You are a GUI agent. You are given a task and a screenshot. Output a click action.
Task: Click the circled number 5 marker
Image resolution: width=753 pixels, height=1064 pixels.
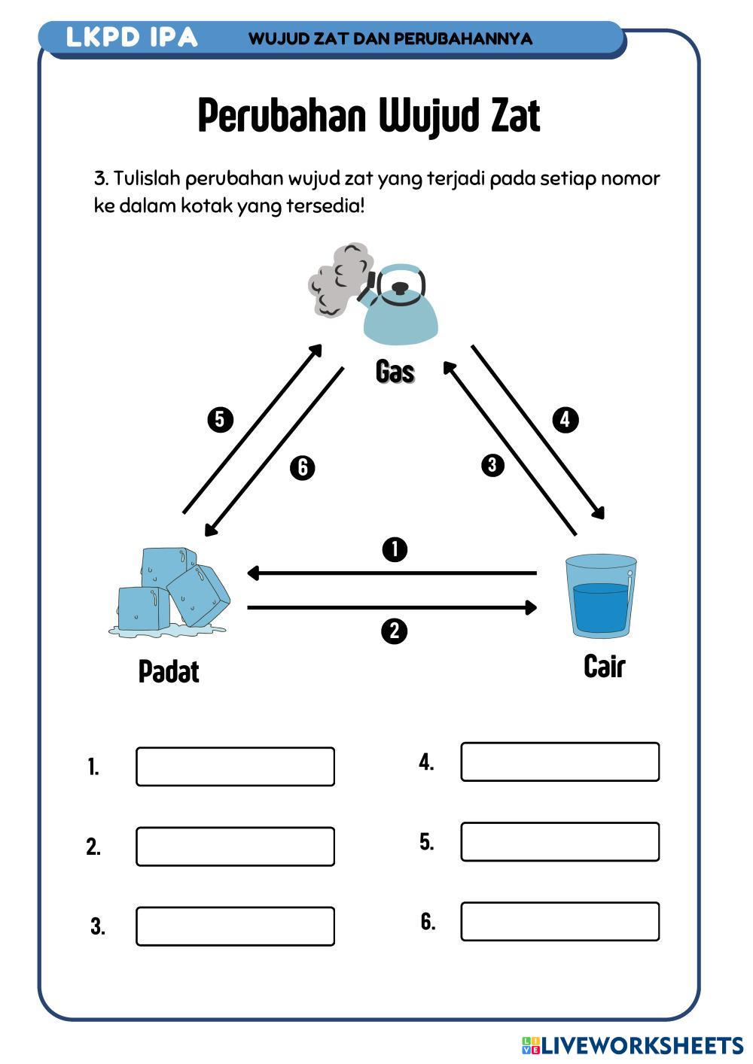[x=220, y=419]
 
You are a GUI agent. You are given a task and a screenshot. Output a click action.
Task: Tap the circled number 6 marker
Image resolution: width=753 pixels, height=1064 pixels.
[x=302, y=467]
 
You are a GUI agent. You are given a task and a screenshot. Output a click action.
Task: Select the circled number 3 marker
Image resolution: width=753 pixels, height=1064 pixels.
[x=492, y=465]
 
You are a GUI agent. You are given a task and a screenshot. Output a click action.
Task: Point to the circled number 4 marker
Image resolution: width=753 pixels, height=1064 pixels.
[x=566, y=419]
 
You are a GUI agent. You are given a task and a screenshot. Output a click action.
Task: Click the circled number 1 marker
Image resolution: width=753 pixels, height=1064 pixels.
[x=395, y=549]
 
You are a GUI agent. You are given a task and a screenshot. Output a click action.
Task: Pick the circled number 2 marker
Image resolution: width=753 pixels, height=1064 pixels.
[x=395, y=631]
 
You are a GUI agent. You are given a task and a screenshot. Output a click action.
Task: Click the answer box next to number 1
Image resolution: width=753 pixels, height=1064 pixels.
[x=235, y=767]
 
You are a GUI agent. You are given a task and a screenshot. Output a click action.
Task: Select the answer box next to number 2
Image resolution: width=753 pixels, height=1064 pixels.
[x=235, y=847]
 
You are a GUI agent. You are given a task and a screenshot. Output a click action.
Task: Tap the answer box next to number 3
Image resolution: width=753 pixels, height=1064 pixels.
[x=235, y=926]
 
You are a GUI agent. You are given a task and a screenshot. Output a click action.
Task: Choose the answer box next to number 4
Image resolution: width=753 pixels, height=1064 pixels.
[x=559, y=762]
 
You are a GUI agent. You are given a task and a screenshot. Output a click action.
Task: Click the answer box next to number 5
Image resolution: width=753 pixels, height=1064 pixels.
[x=559, y=841]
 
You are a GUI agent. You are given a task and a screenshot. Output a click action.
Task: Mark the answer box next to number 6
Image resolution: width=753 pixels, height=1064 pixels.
[x=559, y=922]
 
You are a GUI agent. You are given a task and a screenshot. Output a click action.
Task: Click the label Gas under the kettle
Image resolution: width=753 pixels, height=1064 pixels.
[x=395, y=371]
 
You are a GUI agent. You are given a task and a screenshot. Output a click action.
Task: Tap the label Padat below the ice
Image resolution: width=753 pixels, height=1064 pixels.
[x=169, y=671]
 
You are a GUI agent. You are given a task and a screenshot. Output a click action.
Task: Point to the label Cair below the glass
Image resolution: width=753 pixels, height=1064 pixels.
[x=604, y=666]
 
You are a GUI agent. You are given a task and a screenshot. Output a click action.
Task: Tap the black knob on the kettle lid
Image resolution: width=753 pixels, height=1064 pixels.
[x=401, y=287]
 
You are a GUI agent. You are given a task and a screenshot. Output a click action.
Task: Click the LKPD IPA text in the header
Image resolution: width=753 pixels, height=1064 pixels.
[x=132, y=38]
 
